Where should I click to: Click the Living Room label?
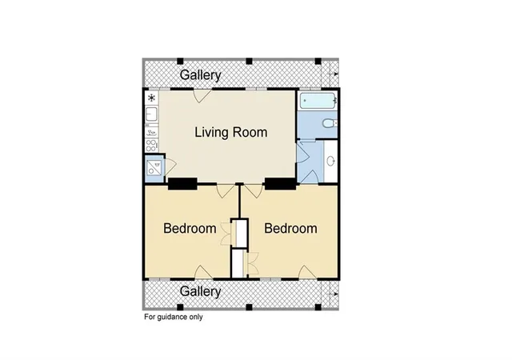231,132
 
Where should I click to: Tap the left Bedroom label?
190,228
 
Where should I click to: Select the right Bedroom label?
290,228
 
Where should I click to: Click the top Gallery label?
201,75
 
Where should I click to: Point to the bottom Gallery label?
201,291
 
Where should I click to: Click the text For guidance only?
174,317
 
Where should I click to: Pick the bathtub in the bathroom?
318,101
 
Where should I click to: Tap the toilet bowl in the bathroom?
329,123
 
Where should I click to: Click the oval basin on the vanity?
330,161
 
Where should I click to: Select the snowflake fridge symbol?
151,98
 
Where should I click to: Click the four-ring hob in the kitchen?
151,146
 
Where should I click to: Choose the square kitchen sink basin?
151,114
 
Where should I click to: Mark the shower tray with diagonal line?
154,168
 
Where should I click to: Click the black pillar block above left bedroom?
182,183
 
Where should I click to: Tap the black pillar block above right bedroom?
280,183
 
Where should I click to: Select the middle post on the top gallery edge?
249,61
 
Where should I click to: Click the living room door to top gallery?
202,95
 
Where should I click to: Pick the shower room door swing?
170,166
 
